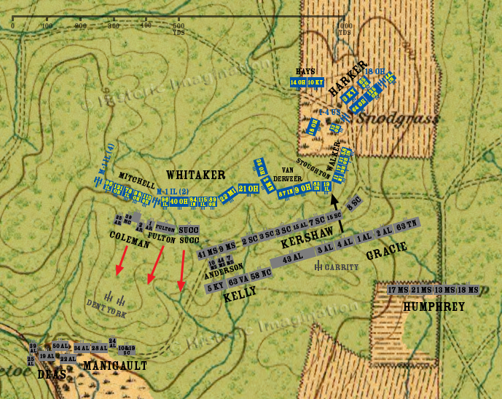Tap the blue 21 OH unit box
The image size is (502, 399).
pos(248,189)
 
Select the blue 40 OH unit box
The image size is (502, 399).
pos(179,202)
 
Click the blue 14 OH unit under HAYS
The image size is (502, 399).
pos(298,82)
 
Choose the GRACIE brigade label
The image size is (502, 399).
pos(386,255)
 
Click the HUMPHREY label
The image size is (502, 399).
pos(434,307)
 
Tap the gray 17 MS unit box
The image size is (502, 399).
pos(398,290)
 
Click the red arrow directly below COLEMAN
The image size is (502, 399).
pos(122,260)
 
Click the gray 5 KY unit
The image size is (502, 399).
pos(215,288)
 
